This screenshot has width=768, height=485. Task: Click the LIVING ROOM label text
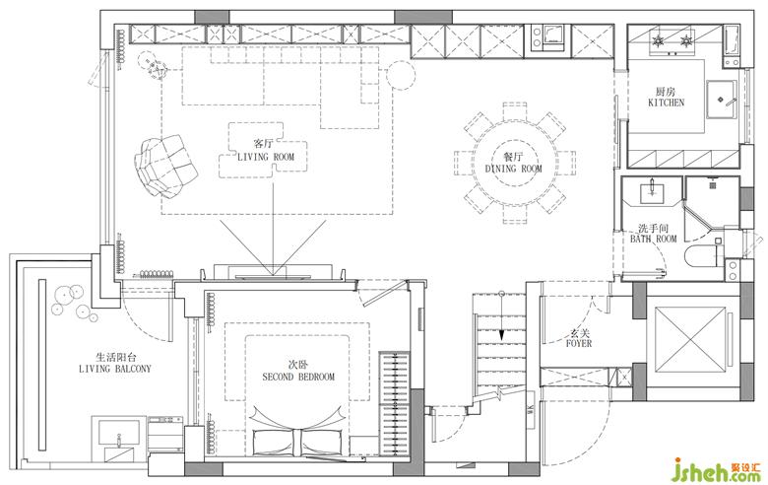(x=266, y=158)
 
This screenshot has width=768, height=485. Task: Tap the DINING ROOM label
(x=514, y=169)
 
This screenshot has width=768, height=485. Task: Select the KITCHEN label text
(x=667, y=103)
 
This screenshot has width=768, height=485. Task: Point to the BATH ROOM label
(x=654, y=239)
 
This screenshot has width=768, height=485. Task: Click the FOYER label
(x=579, y=344)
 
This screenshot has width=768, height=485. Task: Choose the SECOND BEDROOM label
(x=298, y=378)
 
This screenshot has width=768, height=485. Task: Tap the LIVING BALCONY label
(x=115, y=369)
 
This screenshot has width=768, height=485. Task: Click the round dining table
(x=514, y=164)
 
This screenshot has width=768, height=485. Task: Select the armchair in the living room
(x=165, y=166)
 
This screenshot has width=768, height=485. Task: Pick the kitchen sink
(x=721, y=100)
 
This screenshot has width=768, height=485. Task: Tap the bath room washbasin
(x=653, y=191)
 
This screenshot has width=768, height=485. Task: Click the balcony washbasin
(x=118, y=434)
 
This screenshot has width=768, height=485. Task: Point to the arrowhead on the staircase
(x=501, y=336)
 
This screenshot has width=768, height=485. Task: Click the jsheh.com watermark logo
(x=719, y=469)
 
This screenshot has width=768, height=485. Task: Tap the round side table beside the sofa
(x=401, y=75)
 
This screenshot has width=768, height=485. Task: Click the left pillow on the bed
(x=274, y=443)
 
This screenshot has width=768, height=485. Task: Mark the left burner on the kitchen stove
(x=657, y=39)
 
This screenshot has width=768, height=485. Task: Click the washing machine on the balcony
(x=165, y=434)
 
